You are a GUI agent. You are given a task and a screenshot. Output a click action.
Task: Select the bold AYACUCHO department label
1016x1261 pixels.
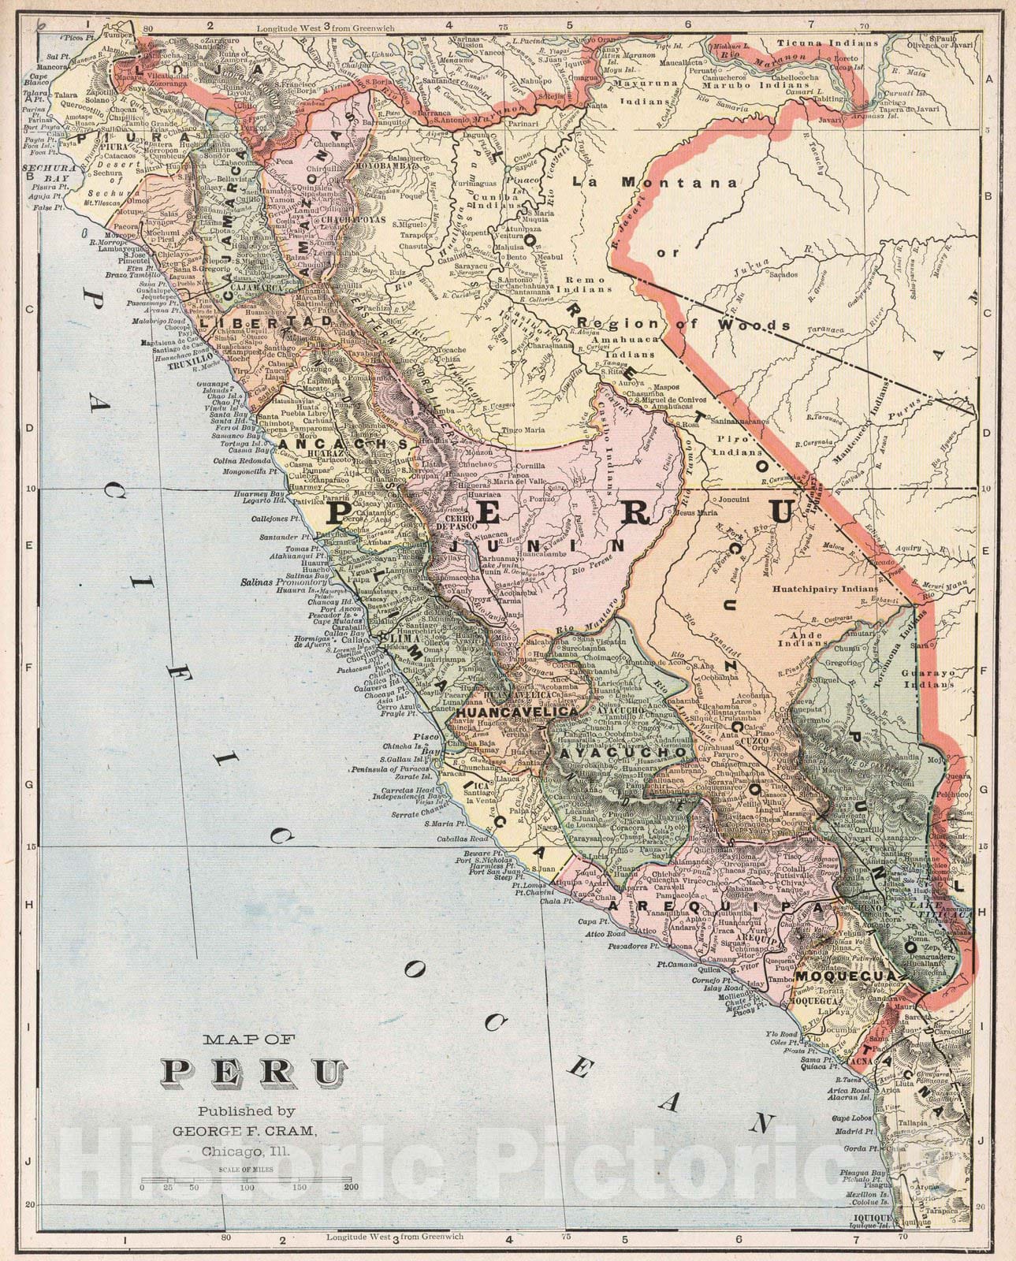tap(624, 753)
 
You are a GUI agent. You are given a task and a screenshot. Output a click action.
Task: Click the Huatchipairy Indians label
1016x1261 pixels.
tap(824, 588)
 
